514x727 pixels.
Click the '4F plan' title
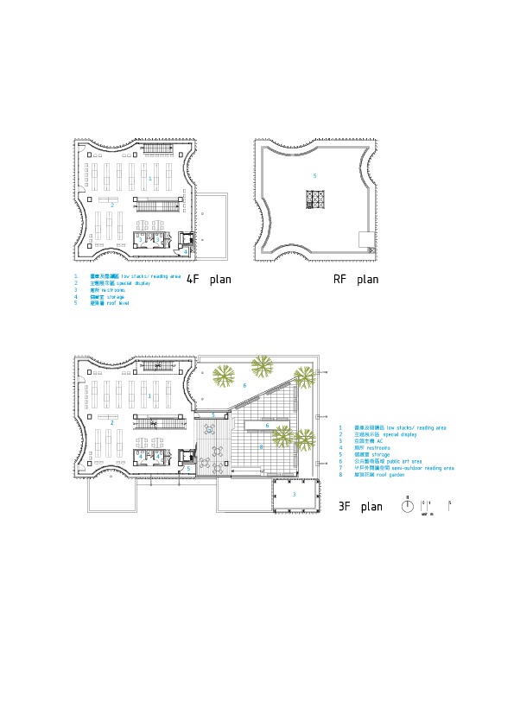tap(209, 280)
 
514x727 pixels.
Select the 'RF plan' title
tap(356, 280)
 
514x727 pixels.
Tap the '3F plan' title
tap(360, 507)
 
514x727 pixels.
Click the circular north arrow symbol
tap(407, 507)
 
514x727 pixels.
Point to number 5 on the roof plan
tap(314, 176)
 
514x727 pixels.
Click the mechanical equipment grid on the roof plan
tap(314, 199)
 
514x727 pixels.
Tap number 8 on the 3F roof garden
tap(261, 447)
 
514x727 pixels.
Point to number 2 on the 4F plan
tap(111, 205)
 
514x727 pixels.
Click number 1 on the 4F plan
tap(150, 178)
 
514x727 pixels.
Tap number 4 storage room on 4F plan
tap(185, 251)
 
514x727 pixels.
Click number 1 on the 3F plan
tap(150, 395)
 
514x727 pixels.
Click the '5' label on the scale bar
tap(450, 502)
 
